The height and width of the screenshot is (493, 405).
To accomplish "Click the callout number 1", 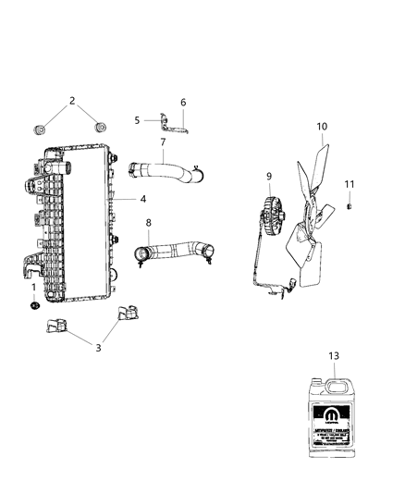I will point(34,288).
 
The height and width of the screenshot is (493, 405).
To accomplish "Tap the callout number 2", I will point(72,101).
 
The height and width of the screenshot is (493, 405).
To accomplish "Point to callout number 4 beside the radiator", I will point(143,199).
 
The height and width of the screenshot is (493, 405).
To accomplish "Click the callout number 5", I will point(137,120).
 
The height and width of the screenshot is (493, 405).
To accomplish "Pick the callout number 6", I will point(182,103).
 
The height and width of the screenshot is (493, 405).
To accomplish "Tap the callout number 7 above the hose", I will point(163,142).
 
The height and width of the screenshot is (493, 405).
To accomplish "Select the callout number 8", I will point(149,222).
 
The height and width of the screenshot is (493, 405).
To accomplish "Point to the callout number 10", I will point(323,126).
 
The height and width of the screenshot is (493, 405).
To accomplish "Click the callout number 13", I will point(334,354).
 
